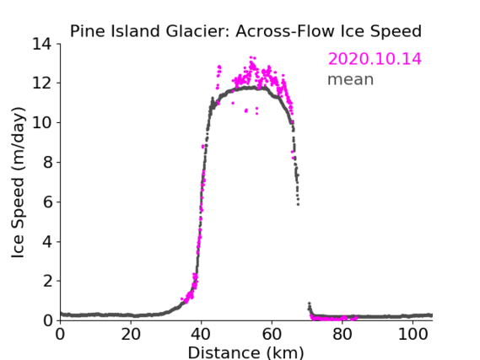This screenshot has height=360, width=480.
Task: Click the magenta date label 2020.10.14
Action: click(x=375, y=59)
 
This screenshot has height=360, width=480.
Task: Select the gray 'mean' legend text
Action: click(x=351, y=79)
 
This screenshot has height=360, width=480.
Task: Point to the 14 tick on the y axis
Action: click(x=42, y=44)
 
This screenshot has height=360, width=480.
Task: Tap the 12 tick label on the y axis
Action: click(x=42, y=83)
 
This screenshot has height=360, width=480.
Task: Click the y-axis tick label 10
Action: click(x=42, y=122)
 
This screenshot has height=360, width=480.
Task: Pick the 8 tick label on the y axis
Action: click(x=47, y=162)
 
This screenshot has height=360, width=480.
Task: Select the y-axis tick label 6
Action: click(x=47, y=201)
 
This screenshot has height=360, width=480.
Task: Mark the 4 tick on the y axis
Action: click(x=47, y=241)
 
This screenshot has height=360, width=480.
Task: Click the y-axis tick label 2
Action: click(x=47, y=281)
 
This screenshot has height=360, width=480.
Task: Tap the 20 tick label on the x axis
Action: click(x=131, y=335)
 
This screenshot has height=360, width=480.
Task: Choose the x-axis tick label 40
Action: click(x=201, y=335)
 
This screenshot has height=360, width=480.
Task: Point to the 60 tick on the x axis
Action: click(x=272, y=335)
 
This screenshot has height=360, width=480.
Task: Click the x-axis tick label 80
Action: click(x=342, y=335)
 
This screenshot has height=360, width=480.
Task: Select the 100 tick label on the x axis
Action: click(x=413, y=335)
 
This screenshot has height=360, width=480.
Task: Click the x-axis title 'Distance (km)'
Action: click(x=245, y=353)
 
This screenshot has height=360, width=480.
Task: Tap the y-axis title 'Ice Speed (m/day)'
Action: click(x=18, y=183)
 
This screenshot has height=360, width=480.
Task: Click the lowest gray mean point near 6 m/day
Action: click(x=298, y=204)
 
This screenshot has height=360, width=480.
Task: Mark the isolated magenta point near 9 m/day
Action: click(x=202, y=147)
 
